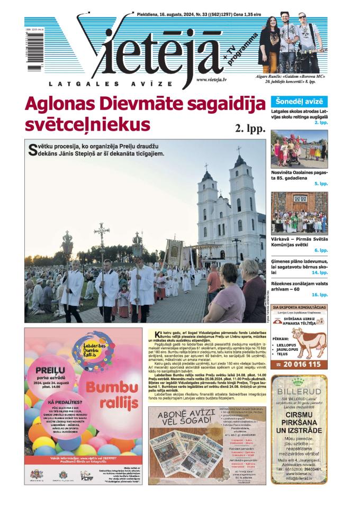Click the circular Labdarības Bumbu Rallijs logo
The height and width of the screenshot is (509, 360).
103,355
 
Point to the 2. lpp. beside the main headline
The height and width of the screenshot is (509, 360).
249,128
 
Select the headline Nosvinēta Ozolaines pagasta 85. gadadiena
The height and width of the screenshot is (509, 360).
299,176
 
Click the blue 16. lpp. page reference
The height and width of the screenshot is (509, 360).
320,294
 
